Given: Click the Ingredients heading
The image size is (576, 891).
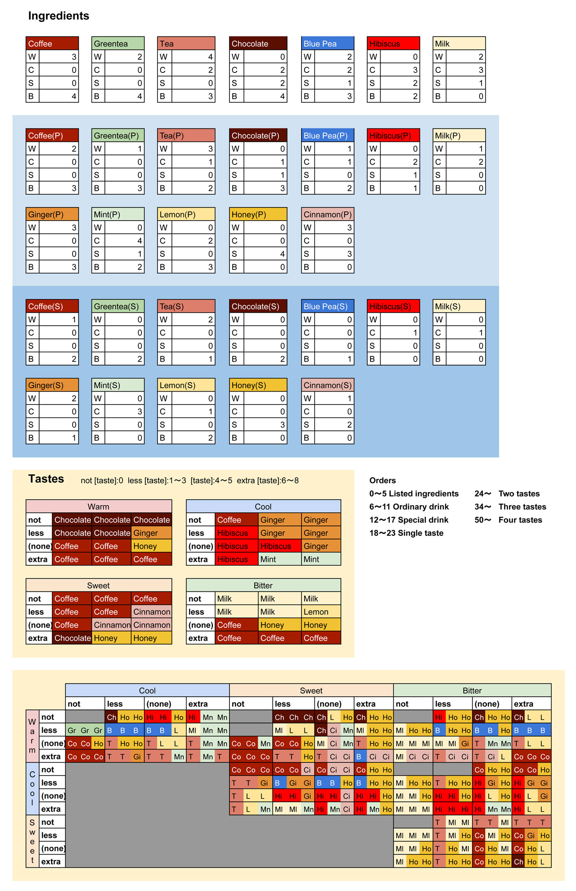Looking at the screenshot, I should pos(58,16).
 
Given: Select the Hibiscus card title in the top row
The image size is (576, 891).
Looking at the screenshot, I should pos(393,43).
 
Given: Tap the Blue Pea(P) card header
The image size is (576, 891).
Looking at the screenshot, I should pos(327,135).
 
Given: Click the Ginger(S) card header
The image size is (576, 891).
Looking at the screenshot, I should pos(52,385).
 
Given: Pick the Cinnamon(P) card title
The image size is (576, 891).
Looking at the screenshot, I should pos(327,214).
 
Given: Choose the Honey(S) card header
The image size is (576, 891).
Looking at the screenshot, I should pos(258,385).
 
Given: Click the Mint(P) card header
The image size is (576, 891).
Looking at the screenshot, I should pos(118,214).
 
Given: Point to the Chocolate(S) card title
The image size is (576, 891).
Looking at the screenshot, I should pos(258,306).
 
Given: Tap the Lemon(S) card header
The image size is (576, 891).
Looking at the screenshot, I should pos(186,385).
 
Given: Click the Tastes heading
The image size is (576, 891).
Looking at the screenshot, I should pos(46,479).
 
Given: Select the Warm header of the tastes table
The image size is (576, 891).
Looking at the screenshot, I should pos(99,507).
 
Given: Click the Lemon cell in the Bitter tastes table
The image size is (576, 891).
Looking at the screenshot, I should pos(321,612).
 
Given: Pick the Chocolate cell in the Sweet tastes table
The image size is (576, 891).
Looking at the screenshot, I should pos(72,638).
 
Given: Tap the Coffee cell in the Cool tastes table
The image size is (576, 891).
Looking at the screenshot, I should pos(237,520).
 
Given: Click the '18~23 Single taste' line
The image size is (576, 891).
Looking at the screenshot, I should pos(406,533).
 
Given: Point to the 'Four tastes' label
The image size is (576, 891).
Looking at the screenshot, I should pos(520,520).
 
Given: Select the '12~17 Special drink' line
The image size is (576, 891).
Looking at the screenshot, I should pos(409,520).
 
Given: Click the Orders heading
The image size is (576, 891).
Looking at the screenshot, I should pos(382,481).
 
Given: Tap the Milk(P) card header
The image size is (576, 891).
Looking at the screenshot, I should pos(459,135).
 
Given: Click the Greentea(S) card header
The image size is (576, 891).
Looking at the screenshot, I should pos(118,306).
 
